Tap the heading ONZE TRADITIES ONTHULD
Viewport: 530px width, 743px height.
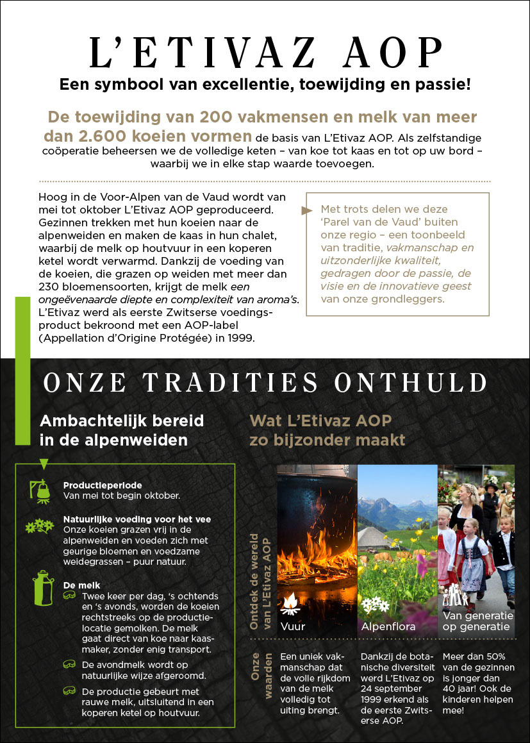tap(265, 383)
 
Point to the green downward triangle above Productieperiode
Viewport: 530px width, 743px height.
tap(44, 463)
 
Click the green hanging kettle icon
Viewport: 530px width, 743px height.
tap(42, 489)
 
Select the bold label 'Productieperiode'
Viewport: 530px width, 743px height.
tap(103, 485)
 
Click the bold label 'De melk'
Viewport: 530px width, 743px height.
tap(77, 585)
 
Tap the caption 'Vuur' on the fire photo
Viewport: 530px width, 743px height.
tap(292, 626)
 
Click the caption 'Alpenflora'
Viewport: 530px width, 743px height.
tap(388, 626)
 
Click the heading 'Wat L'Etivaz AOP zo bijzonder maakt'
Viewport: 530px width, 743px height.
tap(327, 431)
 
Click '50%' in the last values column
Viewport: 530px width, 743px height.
tap(493, 657)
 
